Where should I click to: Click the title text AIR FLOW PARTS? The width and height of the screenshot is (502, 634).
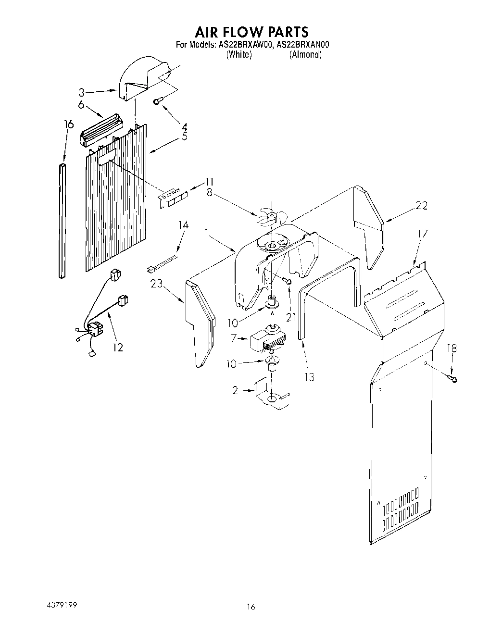pos(251,32)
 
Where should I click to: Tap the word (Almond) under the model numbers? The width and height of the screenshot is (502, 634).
pos(305,54)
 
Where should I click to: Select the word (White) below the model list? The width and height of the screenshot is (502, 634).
pos(238,54)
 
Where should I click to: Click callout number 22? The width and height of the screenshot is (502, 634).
pos(422,205)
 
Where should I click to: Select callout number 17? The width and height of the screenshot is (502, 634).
pos(422,234)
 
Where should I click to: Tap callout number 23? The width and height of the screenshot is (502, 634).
pos(156,284)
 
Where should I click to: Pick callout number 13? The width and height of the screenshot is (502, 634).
pos(309,377)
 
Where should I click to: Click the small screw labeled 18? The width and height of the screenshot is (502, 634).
pos(452,379)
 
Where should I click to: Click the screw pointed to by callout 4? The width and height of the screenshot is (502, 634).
pos(157,101)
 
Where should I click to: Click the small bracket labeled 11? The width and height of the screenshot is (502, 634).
pos(174,198)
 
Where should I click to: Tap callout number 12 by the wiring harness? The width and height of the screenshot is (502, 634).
pos(118,347)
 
